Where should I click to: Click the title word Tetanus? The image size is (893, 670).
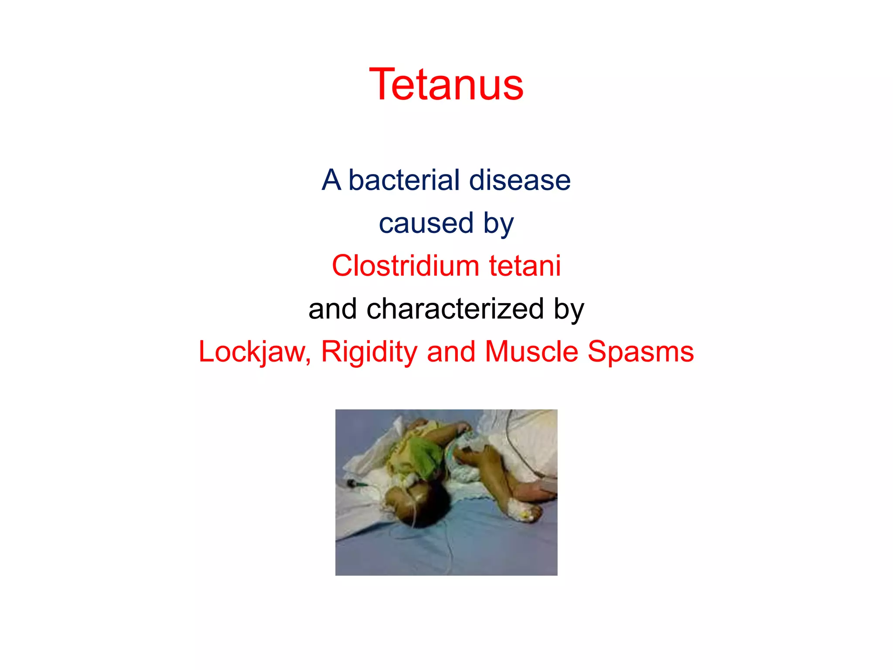pos(446,85)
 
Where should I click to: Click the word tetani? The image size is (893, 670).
pos(525,266)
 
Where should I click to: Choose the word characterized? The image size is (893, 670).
pos(455,309)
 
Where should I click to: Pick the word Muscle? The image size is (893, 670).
pos(532,352)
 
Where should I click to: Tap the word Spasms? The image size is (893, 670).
pos(641,352)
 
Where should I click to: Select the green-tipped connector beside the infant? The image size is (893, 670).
pos(352,483)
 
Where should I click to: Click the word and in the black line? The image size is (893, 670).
pos(332,309)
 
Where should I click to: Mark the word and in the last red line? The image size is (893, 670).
pos(451,352)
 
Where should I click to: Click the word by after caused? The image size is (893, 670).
pos(498,223)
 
